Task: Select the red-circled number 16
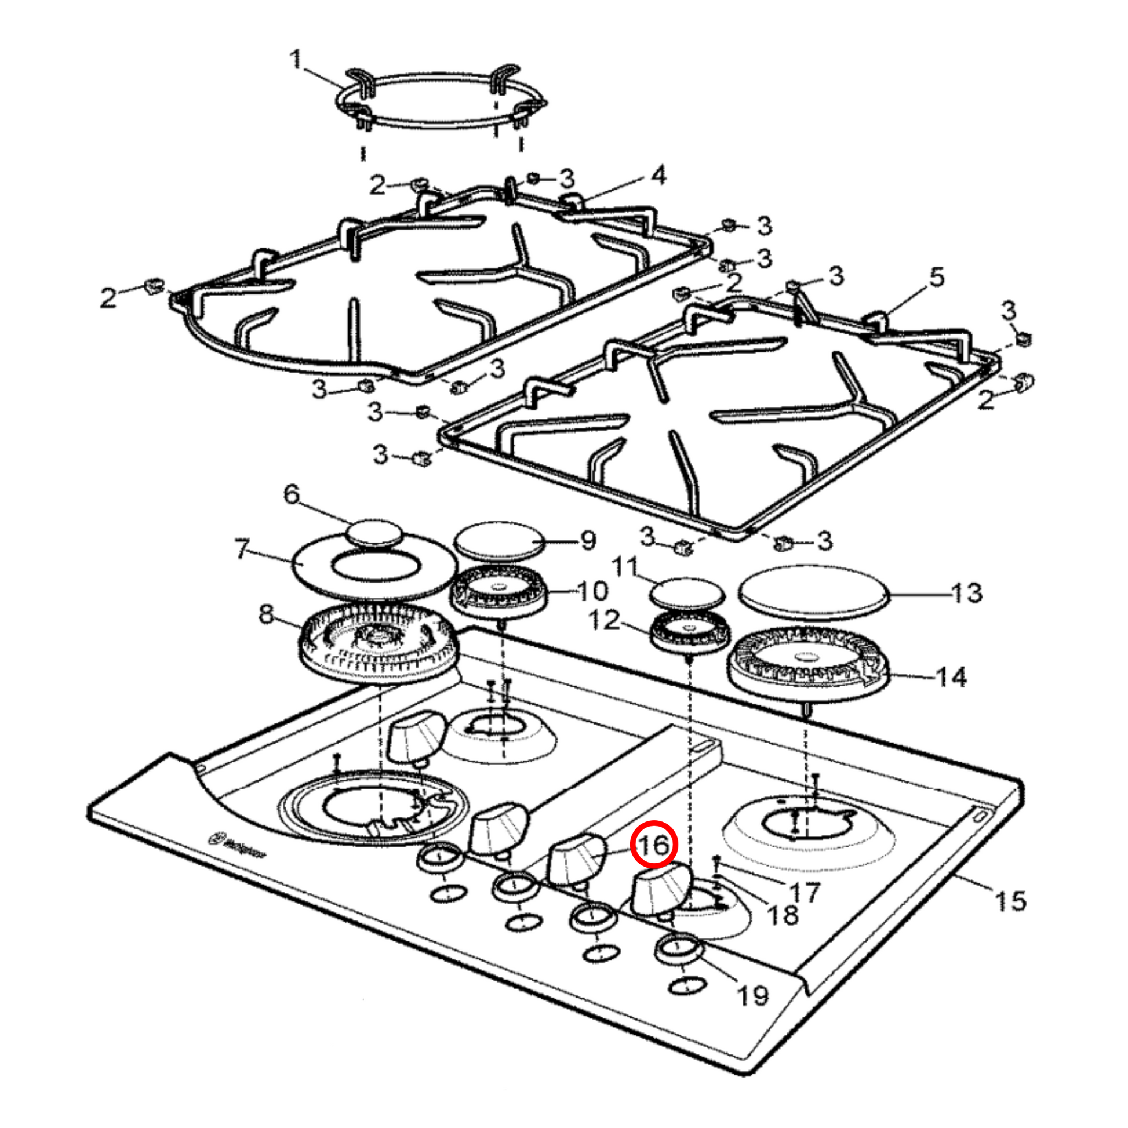(654, 843)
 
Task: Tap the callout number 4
(658, 175)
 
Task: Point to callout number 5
(937, 276)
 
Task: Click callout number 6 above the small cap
(292, 494)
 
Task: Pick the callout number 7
(242, 549)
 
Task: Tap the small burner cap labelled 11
(687, 594)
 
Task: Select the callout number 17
(805, 892)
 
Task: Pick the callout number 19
(752, 995)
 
